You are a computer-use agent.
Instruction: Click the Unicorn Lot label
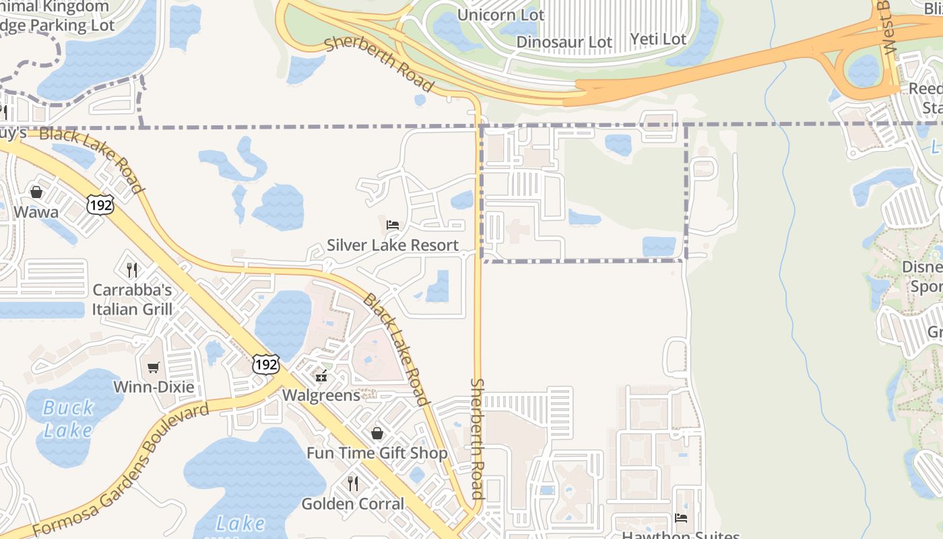click(500, 15)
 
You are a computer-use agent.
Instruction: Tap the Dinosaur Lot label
click(564, 42)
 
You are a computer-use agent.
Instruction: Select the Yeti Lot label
click(658, 39)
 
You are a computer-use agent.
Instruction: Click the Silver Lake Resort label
click(393, 245)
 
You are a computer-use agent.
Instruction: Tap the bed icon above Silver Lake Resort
click(393, 224)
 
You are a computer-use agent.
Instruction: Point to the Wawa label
click(36, 212)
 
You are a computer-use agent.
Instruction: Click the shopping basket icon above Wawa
click(36, 192)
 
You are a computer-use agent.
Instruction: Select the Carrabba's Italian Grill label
click(132, 300)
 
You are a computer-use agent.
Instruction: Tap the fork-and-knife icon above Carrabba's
click(132, 270)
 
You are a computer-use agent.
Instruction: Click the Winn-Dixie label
click(154, 387)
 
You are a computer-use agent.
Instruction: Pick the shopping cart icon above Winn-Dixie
click(154, 367)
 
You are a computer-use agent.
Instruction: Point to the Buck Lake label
click(67, 418)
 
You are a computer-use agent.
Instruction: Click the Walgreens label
click(321, 395)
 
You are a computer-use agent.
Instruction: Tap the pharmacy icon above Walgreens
click(321, 375)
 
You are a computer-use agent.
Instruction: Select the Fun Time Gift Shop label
click(377, 453)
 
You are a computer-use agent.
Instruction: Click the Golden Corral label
click(353, 504)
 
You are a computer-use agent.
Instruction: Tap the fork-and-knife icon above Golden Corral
click(352, 483)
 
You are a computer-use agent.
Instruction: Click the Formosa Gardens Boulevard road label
click(121, 472)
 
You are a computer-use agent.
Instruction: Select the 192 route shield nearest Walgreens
click(266, 365)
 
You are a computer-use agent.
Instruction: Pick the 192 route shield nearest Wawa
click(100, 205)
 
